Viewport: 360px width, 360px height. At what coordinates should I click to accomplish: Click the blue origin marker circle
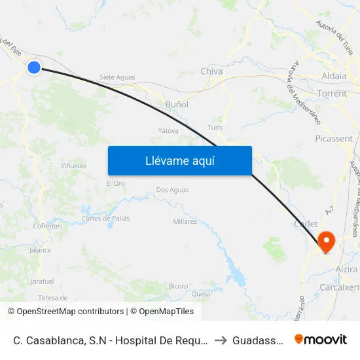tap(34, 67)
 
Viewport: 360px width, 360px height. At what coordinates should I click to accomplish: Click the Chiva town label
tap(211, 71)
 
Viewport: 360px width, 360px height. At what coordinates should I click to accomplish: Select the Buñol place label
tap(177, 104)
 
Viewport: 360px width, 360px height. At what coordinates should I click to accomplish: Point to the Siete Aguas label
tap(117, 77)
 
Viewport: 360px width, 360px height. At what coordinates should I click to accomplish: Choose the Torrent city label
tap(332, 94)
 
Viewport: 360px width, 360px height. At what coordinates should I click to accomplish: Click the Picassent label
tap(334, 139)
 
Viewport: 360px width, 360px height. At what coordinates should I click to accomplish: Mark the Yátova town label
tap(168, 130)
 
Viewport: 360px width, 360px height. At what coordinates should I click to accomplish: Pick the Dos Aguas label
tap(172, 190)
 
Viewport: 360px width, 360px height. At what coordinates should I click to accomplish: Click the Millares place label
tap(185, 221)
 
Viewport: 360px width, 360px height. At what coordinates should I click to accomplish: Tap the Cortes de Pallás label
tap(105, 218)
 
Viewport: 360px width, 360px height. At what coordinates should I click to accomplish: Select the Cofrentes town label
tap(48, 226)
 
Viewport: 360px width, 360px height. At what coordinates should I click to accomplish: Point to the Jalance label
tap(41, 250)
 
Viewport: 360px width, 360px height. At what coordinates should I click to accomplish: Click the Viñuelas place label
tap(73, 166)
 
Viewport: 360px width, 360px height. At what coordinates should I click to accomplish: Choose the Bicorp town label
tap(178, 286)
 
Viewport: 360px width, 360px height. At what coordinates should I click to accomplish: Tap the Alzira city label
tap(346, 270)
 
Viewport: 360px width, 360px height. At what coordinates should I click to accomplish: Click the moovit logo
tap(320, 339)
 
